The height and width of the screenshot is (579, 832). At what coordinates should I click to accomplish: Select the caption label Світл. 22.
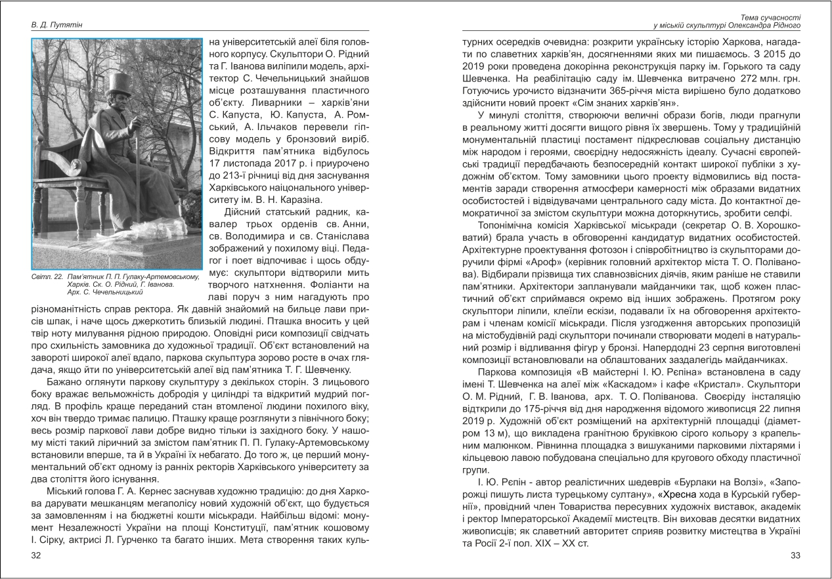point(46,278)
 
